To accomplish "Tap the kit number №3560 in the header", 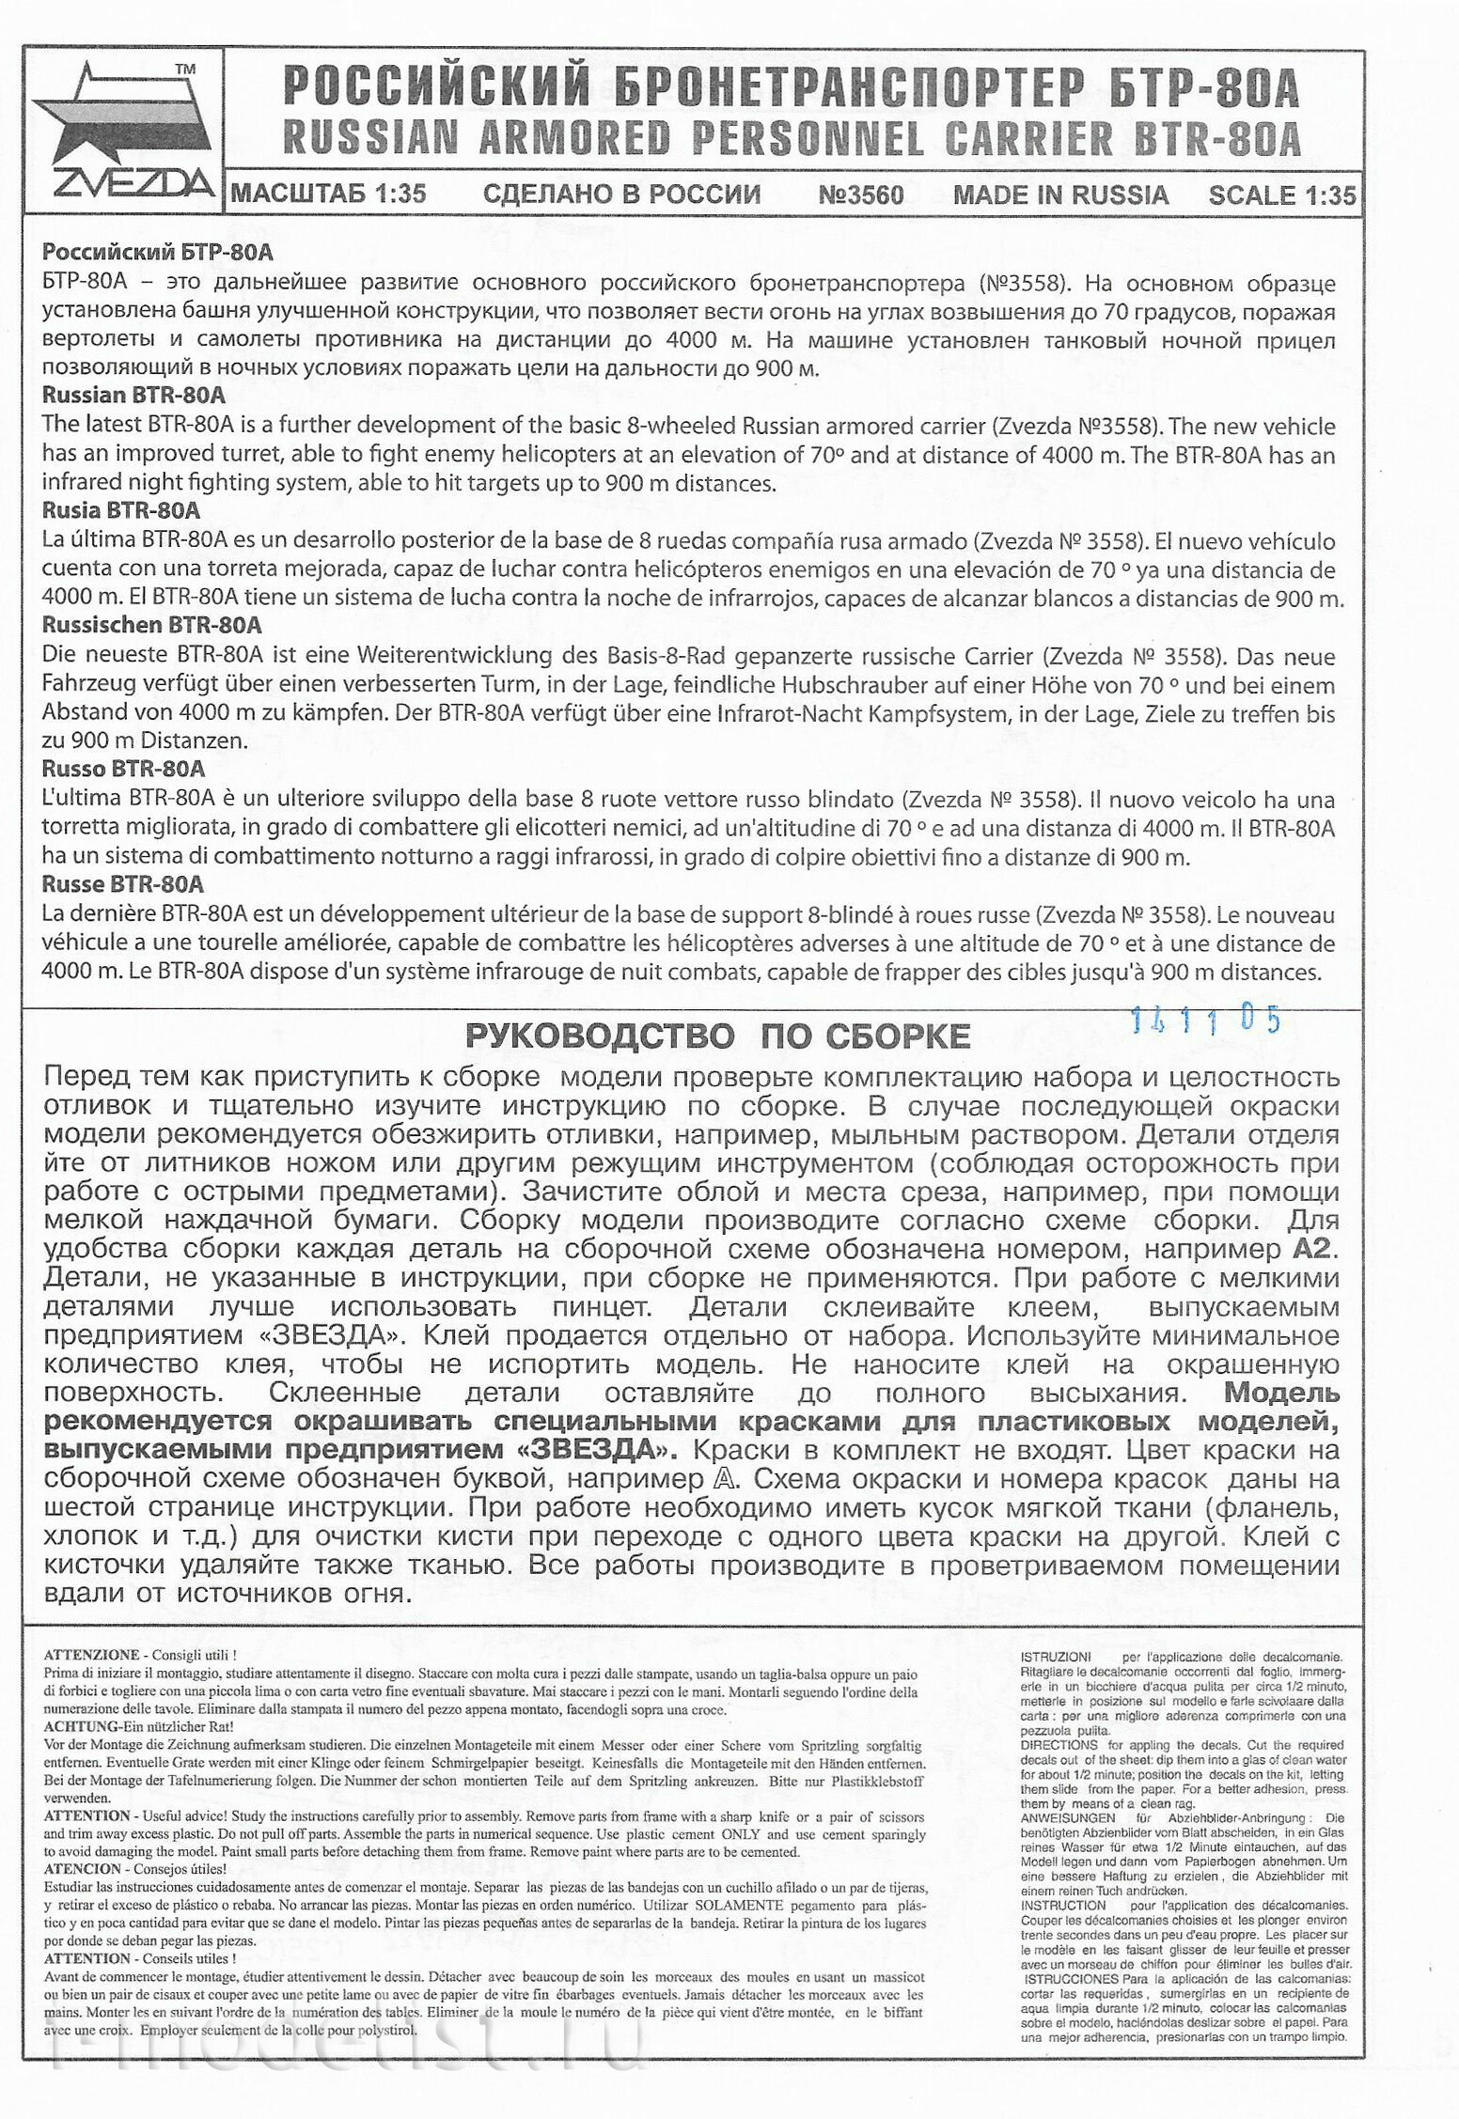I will pyautogui.click(x=860, y=195).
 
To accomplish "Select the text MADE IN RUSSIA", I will pyautogui.click(x=1060, y=195).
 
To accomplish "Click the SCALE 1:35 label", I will pyautogui.click(x=1281, y=195).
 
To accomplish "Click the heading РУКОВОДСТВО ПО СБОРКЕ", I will pyautogui.click(x=717, y=1036).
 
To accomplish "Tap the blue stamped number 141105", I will pyautogui.click(x=1206, y=1021).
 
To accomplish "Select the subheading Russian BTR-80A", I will pyautogui.click(x=133, y=396).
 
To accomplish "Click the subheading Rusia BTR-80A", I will pyautogui.click(x=121, y=510).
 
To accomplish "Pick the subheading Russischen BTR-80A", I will pyautogui.click(x=151, y=625).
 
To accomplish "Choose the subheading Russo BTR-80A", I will pyautogui.click(x=123, y=769).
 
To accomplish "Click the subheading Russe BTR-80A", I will pyautogui.click(x=122, y=883).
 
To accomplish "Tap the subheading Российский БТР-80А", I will pyautogui.click(x=157, y=252).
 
